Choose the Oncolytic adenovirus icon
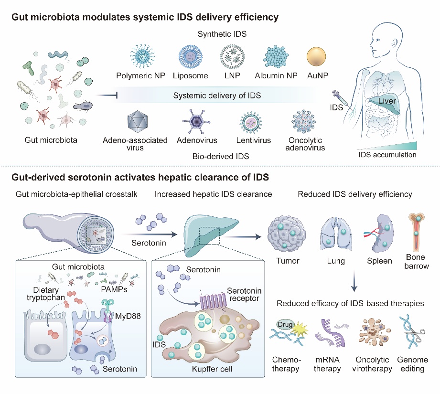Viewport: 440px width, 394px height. pos(306,123)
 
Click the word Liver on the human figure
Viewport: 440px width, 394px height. pos(386,101)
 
